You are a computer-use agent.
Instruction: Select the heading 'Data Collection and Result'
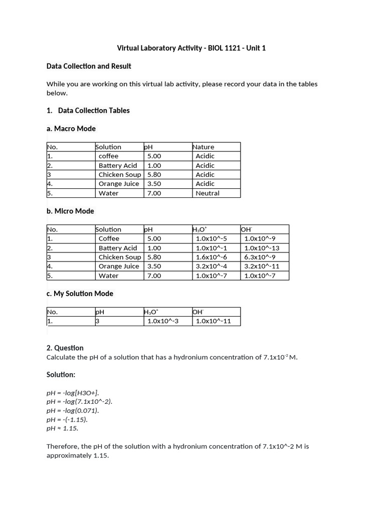point(89,66)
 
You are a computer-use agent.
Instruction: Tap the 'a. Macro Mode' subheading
point(71,129)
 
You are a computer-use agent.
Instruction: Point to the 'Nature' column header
point(203,147)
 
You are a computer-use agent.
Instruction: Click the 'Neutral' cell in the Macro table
point(208,193)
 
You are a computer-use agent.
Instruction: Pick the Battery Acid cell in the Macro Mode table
point(118,165)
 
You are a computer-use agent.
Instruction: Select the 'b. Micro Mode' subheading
point(70,211)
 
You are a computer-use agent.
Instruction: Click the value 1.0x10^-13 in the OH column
point(262,248)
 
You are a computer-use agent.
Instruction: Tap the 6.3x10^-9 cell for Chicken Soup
point(260,257)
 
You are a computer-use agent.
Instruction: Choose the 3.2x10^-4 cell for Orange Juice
point(211,267)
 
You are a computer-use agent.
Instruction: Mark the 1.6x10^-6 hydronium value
point(211,257)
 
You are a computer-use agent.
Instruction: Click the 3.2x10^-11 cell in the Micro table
point(262,267)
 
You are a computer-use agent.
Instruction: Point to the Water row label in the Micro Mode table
point(108,276)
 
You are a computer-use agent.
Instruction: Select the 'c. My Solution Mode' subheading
point(80,294)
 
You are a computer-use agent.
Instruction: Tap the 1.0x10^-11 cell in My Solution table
point(213,321)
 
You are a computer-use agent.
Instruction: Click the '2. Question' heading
point(65,348)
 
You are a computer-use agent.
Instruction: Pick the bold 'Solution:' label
point(61,375)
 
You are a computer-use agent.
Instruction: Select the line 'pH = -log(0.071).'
point(73,410)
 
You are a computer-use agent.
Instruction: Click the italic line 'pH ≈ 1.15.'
point(62,428)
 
